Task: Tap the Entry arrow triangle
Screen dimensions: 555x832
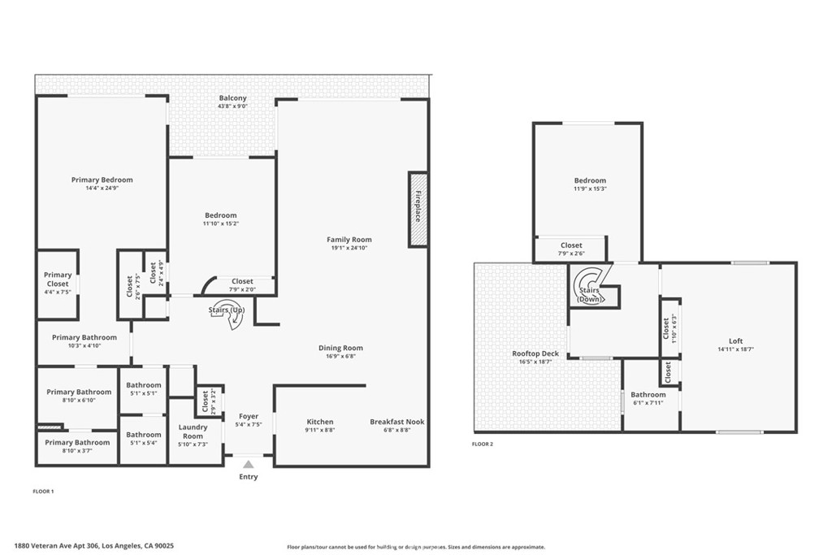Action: pos(249,463)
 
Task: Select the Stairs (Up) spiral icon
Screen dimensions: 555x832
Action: pos(233,316)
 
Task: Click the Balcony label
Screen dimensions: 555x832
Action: pos(232,98)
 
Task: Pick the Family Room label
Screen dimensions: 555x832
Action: pos(349,240)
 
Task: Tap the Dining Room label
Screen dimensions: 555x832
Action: pos(340,348)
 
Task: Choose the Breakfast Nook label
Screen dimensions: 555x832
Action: pos(396,422)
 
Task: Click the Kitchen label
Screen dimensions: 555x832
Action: pos(320,422)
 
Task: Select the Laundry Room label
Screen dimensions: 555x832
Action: pos(193,431)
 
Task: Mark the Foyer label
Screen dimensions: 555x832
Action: pos(249,416)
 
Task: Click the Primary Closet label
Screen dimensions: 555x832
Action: pos(58,280)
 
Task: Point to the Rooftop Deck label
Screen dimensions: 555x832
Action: pos(535,353)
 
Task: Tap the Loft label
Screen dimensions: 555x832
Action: pos(735,341)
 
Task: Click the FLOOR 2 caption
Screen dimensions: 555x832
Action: pos(483,444)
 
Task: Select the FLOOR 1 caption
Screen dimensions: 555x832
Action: pos(43,492)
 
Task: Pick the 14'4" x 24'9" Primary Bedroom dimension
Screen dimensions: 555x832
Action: pos(102,188)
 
